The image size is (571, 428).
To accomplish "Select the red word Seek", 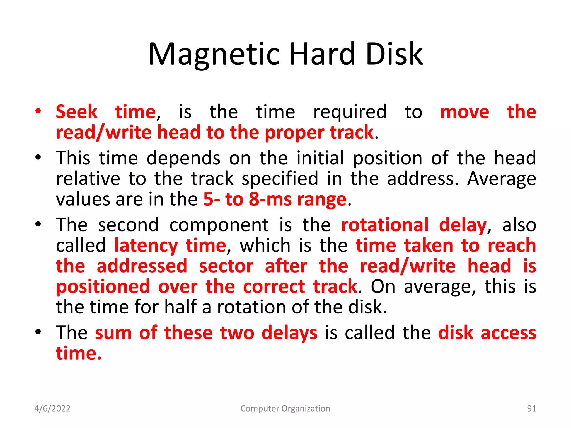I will pos(77,112).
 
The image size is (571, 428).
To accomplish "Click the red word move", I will pos(464,112).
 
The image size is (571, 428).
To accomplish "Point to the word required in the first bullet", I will pos(350,112).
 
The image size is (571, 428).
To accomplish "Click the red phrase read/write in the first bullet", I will pos(103,133).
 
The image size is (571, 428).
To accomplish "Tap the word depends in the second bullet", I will pos(183,158).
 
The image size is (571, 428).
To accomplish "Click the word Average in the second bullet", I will pos(501,179).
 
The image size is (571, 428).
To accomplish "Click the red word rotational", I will pos(385,225).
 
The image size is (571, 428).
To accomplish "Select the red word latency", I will pos(146,245).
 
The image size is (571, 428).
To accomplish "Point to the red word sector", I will pos(226,266).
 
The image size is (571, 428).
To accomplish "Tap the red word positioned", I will pos(103,287).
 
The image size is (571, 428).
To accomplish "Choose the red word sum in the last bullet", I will pos(113,333).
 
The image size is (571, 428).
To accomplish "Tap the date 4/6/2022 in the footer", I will pos(52,408).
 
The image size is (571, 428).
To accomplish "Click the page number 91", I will pos(531,408).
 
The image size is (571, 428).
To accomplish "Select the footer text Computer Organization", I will pos(285,408).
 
